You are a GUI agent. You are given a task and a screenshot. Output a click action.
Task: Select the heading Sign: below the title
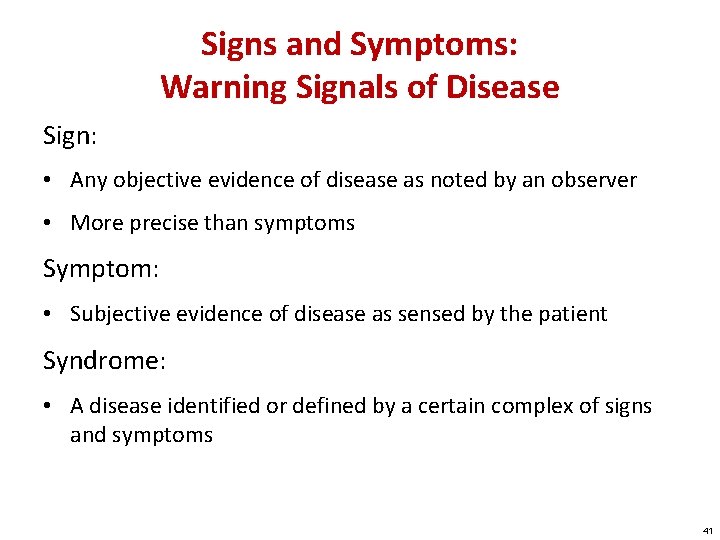coord(68,136)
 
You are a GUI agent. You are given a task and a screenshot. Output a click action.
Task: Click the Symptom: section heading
coord(98,269)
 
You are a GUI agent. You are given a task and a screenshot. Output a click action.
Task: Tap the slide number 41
coord(707,531)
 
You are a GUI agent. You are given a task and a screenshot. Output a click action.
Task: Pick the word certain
coord(438,406)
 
